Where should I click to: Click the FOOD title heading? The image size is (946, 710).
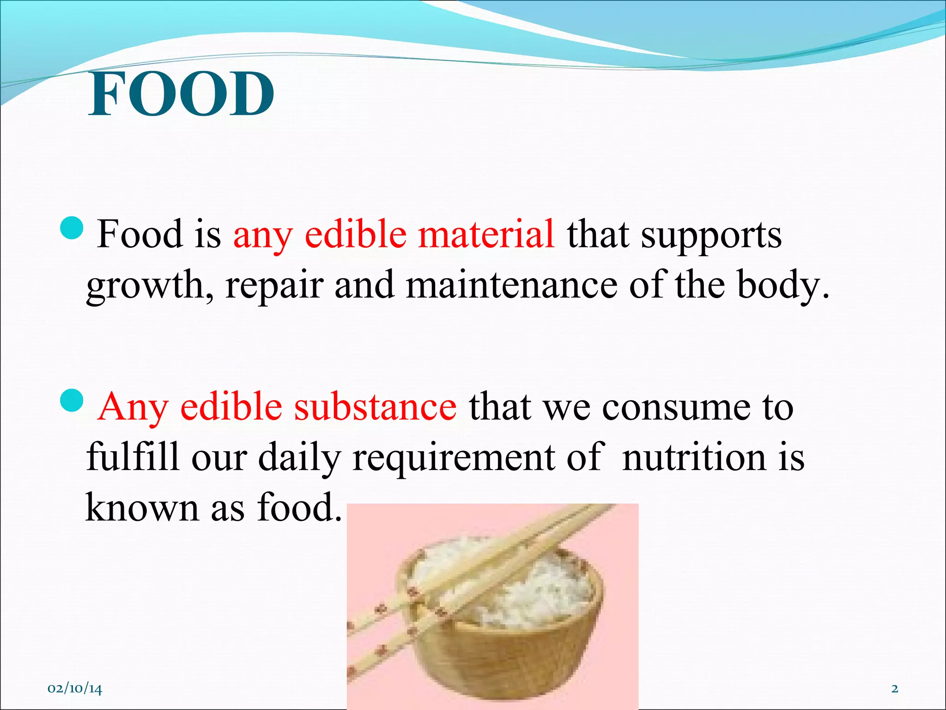click(x=181, y=94)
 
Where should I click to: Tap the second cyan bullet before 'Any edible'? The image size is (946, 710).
click(x=72, y=400)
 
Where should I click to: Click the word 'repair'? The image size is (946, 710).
click(x=274, y=287)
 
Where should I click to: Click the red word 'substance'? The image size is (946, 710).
click(x=376, y=406)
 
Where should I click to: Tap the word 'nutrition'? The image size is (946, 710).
click(x=693, y=457)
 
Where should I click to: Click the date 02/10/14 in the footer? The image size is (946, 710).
click(x=75, y=689)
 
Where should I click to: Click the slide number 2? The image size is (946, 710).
click(x=894, y=689)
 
